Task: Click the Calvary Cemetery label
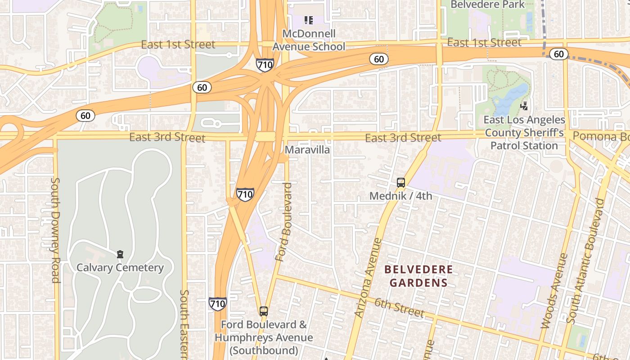(120, 268)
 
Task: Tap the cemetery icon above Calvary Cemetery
(120, 255)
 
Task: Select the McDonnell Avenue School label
(309, 40)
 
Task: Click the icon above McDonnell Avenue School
(308, 20)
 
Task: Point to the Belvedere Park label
(487, 4)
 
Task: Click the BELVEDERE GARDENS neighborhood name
(418, 276)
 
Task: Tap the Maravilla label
(308, 150)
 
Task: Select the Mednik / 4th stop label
(400, 196)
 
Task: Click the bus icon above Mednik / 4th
(400, 183)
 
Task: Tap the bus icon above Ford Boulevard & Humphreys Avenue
(264, 311)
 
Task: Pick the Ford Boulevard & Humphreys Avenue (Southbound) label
(264, 337)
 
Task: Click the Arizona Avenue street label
(368, 278)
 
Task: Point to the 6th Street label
(399, 307)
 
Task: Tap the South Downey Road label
(55, 230)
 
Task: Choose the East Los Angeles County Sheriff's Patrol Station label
(524, 133)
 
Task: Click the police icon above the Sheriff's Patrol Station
(524, 106)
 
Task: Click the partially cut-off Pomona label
(601, 136)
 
